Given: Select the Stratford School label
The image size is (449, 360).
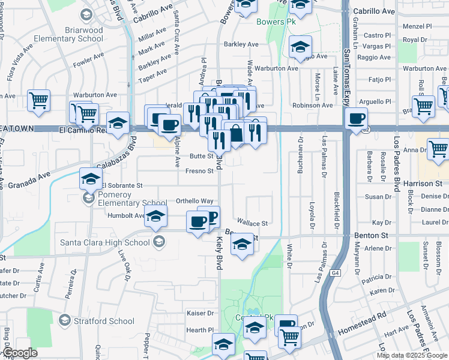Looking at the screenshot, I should pyautogui.click(x=103, y=321).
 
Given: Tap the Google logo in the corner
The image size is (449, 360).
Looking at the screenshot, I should pyautogui.click(x=20, y=353).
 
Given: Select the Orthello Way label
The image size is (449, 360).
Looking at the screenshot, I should pyautogui.click(x=194, y=201).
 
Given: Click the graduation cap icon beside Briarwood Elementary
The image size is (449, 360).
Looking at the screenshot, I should pyautogui.click(x=86, y=14).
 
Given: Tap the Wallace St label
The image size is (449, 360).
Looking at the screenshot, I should pyautogui.click(x=252, y=223).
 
